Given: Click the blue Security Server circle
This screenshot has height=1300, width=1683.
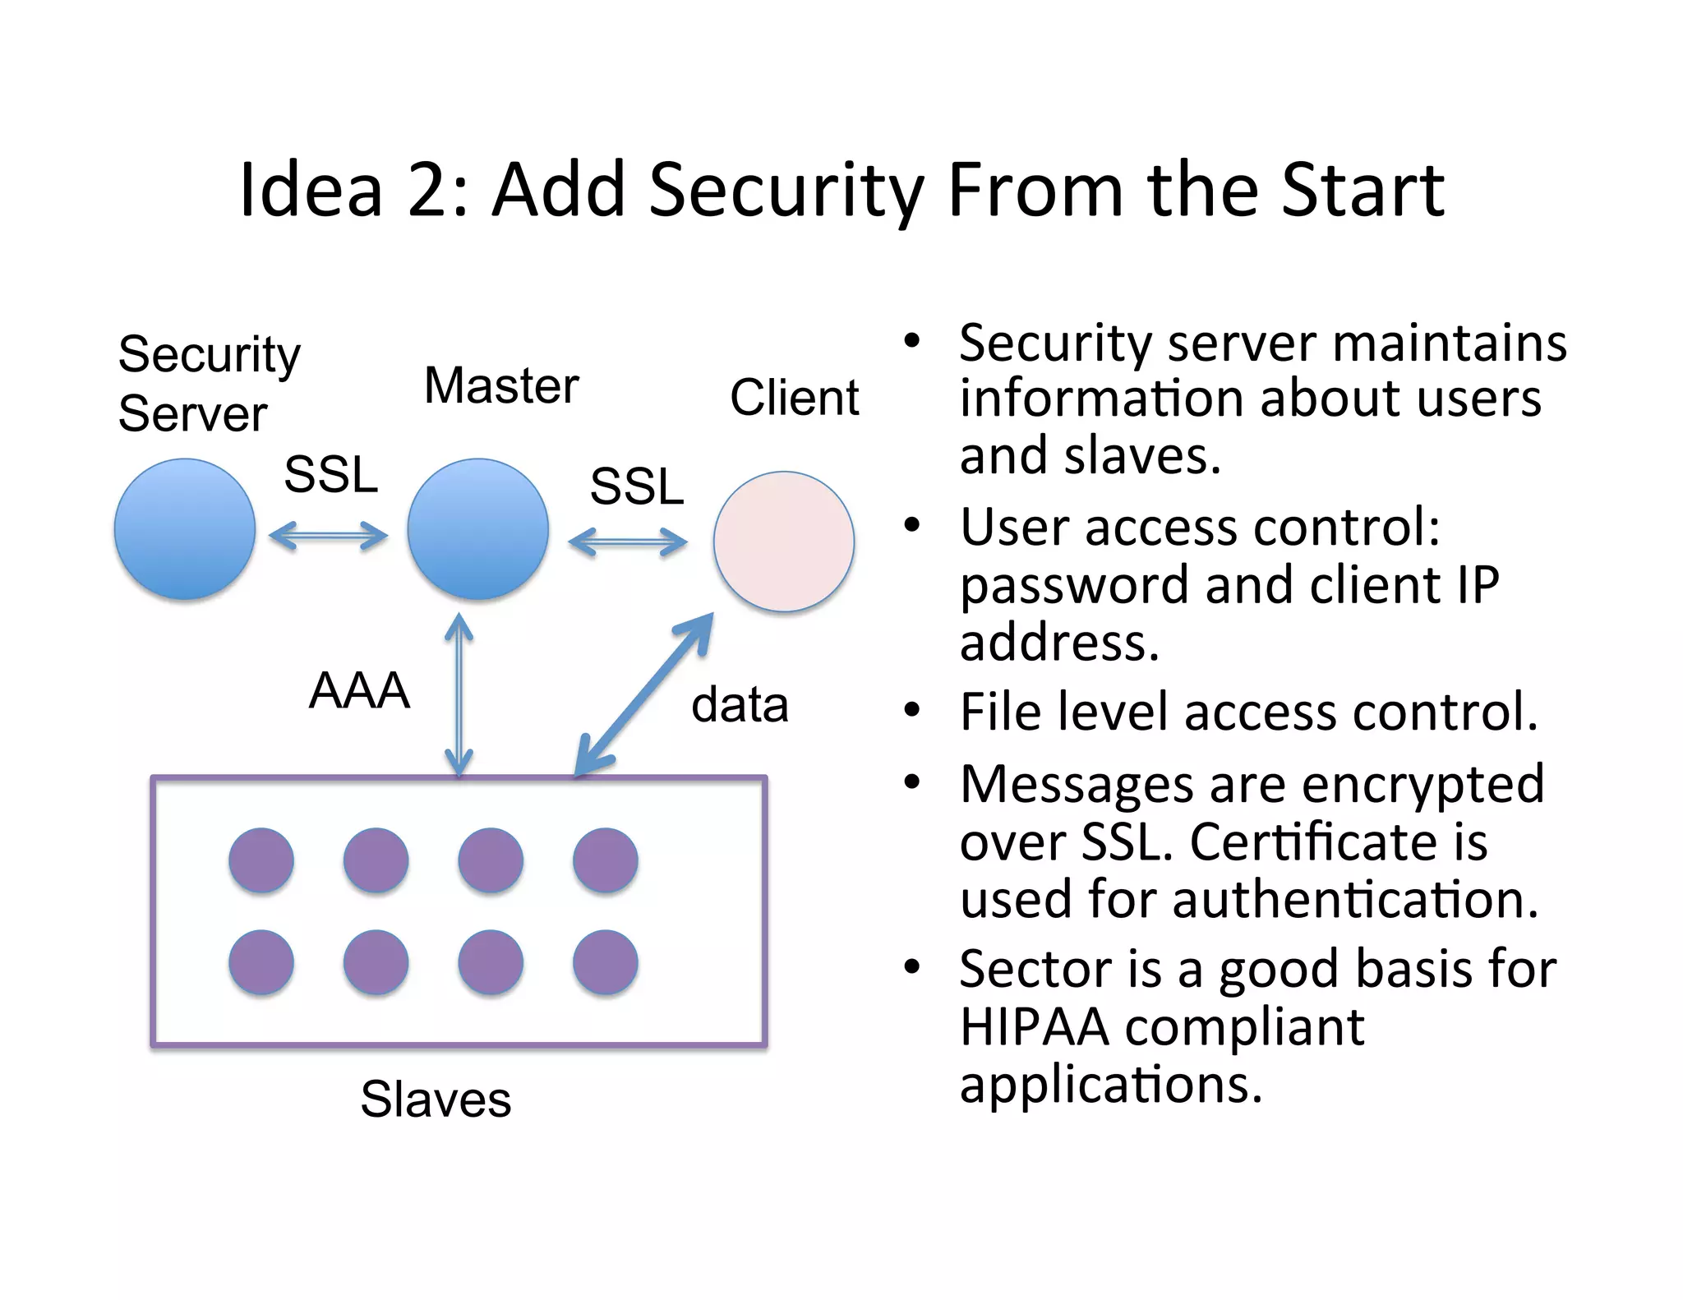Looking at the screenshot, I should pos(185,529).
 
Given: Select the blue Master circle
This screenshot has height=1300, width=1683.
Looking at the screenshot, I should pos(478,529).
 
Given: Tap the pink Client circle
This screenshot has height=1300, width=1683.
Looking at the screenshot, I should pos(784,542).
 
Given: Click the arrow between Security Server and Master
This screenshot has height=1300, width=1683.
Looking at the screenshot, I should pos(329,537).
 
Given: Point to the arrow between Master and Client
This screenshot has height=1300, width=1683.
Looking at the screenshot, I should pos(628,542).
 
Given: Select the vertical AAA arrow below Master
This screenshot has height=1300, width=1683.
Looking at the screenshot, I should pos(459,695).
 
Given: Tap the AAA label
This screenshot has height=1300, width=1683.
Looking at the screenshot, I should pos(359,690).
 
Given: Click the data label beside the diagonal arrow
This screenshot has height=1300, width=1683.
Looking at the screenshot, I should pos(740,705).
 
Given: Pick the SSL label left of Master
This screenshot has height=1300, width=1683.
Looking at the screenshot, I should pos(330,474).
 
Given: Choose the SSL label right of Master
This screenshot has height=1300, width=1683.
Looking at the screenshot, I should pos(637,486).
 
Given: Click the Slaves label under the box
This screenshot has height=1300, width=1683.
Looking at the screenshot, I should pos(436,1099).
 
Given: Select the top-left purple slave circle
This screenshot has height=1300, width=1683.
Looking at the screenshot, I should pos(261,860).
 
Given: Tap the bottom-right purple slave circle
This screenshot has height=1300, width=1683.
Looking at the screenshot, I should pos(606,962).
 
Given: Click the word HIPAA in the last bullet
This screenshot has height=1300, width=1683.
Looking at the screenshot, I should pos(1034,1027).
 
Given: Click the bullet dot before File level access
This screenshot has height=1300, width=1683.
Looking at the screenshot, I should pos(912,710).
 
